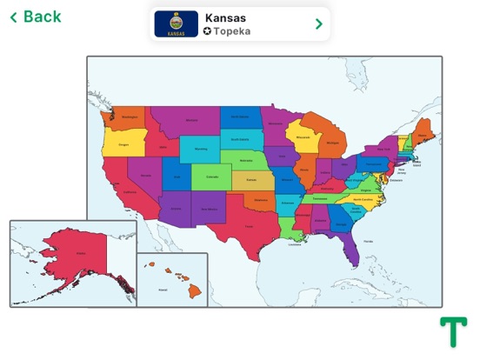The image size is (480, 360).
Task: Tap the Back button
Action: [x=36, y=17]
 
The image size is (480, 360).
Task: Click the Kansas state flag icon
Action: [x=177, y=23]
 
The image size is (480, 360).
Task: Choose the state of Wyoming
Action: [x=200, y=149]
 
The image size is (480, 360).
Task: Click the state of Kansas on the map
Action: [x=251, y=181]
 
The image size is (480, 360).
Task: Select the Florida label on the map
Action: [x=368, y=241]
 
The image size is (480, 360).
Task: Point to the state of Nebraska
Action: [x=246, y=161]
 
